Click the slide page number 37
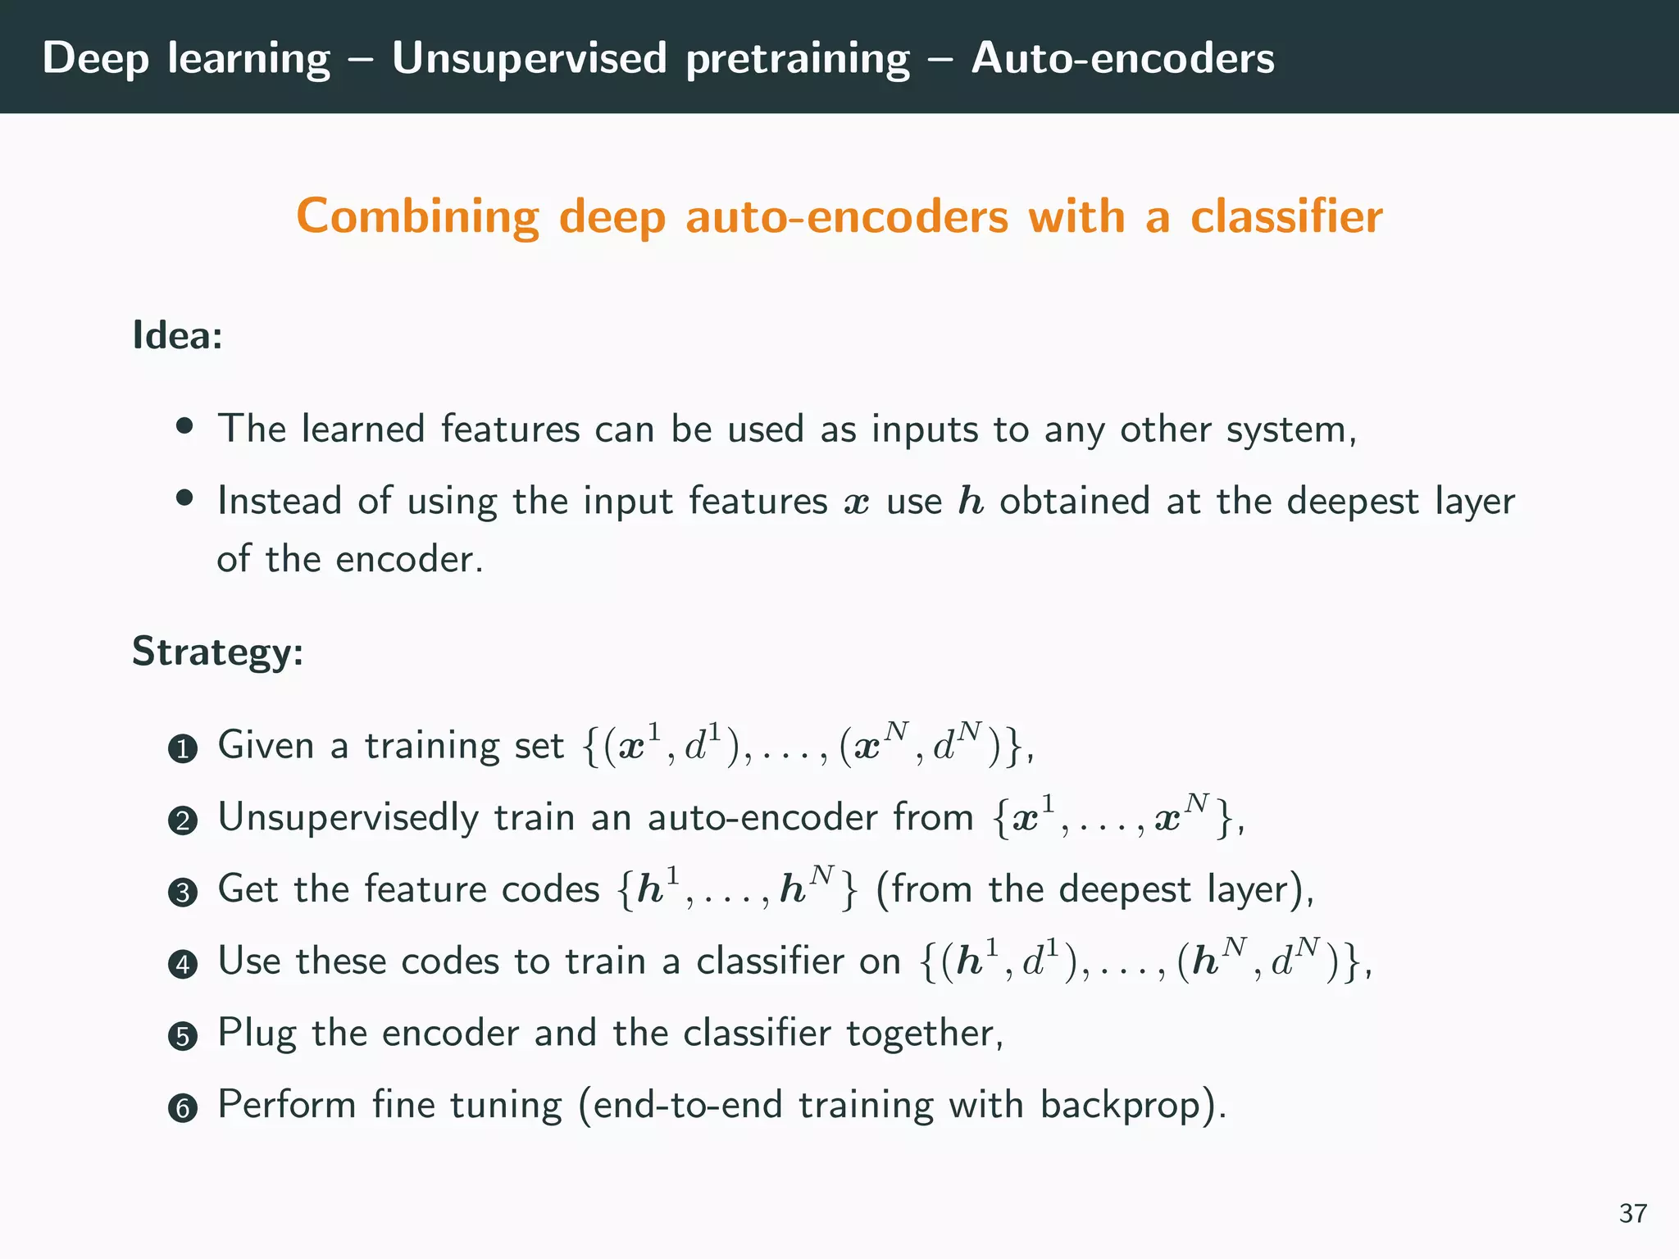tap(1632, 1213)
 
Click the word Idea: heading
tap(177, 335)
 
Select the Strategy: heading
tap(217, 652)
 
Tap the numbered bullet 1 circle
tap(182, 749)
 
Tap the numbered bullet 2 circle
tap(182, 820)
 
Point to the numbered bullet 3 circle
tap(182, 893)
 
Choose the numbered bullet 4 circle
tap(182, 964)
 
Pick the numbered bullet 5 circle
tap(182, 1036)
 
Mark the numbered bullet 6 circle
tap(182, 1108)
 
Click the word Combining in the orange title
tap(417, 217)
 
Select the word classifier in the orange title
tap(1285, 217)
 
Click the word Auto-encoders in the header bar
tap(1122, 58)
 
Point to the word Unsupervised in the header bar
tap(529, 58)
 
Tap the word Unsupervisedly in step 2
tap(348, 818)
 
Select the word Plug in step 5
tap(256, 1034)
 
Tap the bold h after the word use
tap(971, 501)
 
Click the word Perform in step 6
tap(286, 1104)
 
